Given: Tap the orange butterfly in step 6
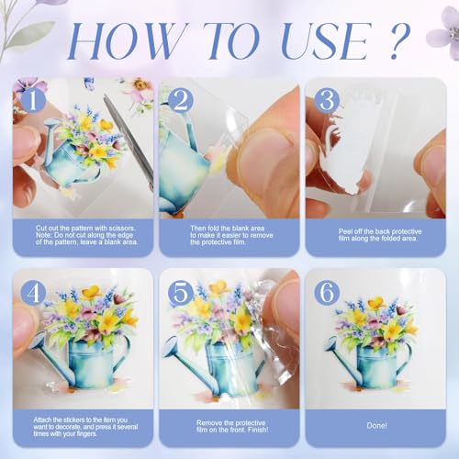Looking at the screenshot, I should (375, 303).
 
